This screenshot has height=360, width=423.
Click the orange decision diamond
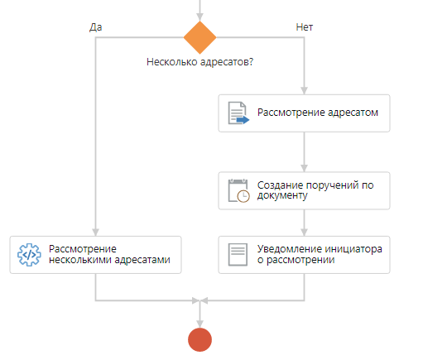199,37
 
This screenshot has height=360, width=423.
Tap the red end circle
199,339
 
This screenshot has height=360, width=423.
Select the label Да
95,27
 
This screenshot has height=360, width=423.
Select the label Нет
305,27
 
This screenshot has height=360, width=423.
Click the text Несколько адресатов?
199,62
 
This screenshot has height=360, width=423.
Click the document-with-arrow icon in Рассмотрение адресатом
238,113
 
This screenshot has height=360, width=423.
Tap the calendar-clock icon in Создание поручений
238,190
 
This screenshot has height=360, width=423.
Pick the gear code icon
29,255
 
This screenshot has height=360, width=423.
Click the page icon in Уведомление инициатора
238,255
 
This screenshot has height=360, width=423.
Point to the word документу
282,195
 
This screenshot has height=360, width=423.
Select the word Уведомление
290,249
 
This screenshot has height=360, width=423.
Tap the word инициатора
353,249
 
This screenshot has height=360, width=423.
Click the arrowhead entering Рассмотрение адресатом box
304,91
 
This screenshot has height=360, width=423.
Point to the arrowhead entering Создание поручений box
304,168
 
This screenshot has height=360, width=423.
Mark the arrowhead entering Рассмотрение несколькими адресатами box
95,233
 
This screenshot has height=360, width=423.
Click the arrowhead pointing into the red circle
199,324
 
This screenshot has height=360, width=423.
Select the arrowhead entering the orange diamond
199,17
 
